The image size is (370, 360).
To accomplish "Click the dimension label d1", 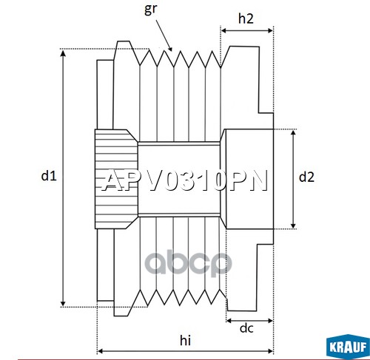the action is pyautogui.click(x=49, y=176).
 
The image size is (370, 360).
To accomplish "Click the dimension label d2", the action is pyautogui.click(x=306, y=177).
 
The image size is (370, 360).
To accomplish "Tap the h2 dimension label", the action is pyautogui.click(x=246, y=18).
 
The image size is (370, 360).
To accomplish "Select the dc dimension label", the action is pyautogui.click(x=246, y=328).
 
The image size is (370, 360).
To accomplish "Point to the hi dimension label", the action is pyautogui.click(x=185, y=340).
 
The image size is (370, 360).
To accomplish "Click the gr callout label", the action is pyautogui.click(x=150, y=10).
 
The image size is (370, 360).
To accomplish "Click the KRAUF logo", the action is pyautogui.click(x=348, y=347).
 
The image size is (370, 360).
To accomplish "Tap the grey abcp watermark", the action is pyautogui.click(x=188, y=262).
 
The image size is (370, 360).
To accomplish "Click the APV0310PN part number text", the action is pyautogui.click(x=185, y=180).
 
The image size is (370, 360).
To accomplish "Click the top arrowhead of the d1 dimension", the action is pyautogui.click(x=63, y=52).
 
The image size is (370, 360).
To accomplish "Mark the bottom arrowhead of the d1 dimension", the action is pyautogui.click(x=63, y=303).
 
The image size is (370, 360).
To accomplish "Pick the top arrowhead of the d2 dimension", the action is pyautogui.click(x=293, y=133).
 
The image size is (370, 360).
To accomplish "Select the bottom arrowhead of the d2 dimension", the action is pyautogui.click(x=293, y=225).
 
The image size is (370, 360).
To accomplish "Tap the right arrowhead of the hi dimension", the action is pyautogui.click(x=270, y=351).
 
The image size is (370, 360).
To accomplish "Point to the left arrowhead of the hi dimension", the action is pyautogui.click(x=101, y=351).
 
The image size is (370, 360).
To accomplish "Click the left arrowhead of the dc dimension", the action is pyautogui.click(x=229, y=321).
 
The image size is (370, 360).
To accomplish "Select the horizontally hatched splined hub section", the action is pyautogui.click(x=116, y=179).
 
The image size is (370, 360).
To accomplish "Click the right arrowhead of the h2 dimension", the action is pyautogui.click(x=270, y=30).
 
